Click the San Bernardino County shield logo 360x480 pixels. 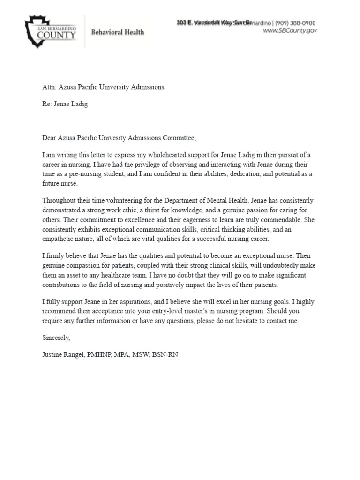click(51, 31)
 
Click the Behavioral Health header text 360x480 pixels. click(117, 32)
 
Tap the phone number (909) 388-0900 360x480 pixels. click(295, 22)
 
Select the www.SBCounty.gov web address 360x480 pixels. click(290, 30)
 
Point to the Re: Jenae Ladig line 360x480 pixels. click(65, 104)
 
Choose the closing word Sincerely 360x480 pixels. click(56, 337)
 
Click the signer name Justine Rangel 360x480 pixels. click(62, 355)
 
